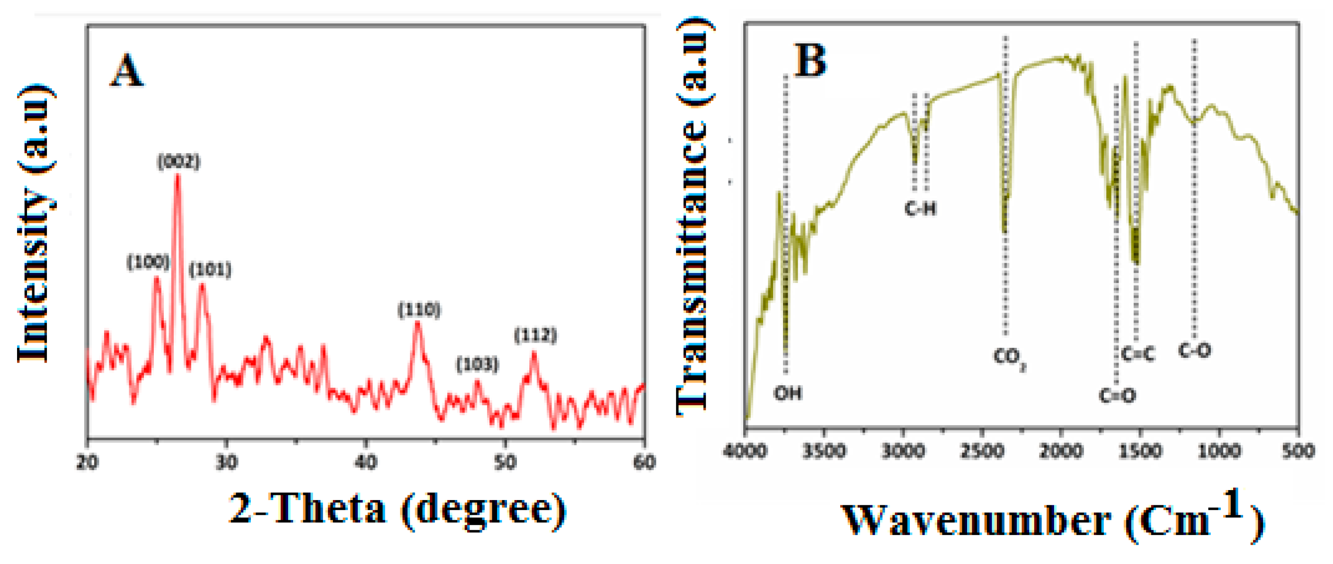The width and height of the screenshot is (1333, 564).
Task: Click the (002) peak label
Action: [x=178, y=162]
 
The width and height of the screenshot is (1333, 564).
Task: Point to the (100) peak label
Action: [x=148, y=262]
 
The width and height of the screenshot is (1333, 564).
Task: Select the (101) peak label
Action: [x=210, y=269]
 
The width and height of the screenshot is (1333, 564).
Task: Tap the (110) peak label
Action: [x=419, y=309]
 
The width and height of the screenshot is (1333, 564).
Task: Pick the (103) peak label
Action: [x=477, y=364]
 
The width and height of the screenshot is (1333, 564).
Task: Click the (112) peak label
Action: [x=535, y=335]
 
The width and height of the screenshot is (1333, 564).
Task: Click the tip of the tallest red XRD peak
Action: [x=178, y=176]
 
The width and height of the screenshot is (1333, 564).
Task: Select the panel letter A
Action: [x=126, y=71]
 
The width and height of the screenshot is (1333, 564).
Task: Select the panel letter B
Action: [x=810, y=61]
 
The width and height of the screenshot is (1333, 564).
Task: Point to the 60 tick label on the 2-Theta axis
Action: [x=644, y=462]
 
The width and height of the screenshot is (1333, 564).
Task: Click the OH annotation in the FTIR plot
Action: [x=788, y=393]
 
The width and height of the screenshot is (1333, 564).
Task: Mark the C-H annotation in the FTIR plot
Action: [x=920, y=209]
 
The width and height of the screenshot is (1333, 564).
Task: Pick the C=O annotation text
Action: [x=1117, y=396]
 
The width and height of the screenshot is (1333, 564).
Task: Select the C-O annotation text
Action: [x=1194, y=351]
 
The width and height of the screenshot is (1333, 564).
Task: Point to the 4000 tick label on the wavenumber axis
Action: [x=745, y=451]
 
